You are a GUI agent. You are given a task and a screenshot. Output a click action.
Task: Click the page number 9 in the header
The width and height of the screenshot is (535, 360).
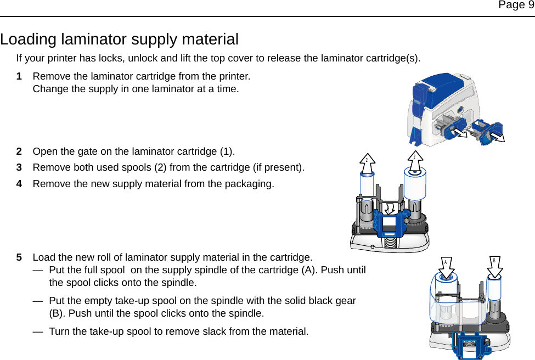point(530,5)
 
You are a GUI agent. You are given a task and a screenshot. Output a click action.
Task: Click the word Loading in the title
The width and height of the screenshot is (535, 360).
point(29,40)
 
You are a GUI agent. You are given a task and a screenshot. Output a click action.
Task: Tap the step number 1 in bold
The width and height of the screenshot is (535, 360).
point(19,76)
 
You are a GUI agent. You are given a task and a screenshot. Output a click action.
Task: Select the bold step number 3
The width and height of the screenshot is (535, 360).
point(19,167)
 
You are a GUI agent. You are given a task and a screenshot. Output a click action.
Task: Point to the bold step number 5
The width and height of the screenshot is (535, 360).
point(19,257)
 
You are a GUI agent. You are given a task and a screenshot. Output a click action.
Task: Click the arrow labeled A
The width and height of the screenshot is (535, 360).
point(446,265)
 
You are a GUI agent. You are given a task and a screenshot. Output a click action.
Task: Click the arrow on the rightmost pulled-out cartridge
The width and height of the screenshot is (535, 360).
point(497,136)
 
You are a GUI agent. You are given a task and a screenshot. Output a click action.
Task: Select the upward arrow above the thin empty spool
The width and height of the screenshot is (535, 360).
point(367,162)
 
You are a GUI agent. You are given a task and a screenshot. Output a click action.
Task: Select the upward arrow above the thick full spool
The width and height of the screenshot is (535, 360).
point(415,159)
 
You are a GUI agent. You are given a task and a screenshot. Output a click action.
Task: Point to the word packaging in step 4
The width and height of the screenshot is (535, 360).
point(251,183)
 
